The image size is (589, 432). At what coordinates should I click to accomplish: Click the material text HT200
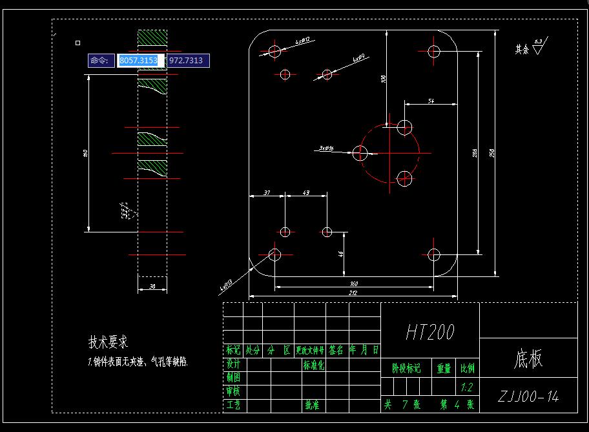pos(430,332)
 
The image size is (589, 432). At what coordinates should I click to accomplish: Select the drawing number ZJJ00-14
pos(529,396)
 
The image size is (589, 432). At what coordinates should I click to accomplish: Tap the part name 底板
pos(528,359)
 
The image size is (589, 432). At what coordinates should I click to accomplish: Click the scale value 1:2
pos(466,387)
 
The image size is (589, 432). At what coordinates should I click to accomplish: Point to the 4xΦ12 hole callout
pos(303,41)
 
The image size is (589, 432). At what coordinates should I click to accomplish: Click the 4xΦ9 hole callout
pos(359,58)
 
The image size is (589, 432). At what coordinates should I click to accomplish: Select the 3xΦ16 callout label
pos(325,149)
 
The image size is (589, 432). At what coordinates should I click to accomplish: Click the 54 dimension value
pos(431,101)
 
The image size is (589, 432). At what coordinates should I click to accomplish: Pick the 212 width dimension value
pos(353,293)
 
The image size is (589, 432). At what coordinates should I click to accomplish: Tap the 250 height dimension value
pos(492,153)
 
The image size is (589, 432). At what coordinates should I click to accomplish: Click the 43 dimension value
pos(305,193)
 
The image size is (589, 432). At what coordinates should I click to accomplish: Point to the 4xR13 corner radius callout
pos(226,283)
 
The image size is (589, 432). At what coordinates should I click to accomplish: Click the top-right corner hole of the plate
pos(434,51)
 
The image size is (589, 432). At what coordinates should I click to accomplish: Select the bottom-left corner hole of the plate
pos(274,254)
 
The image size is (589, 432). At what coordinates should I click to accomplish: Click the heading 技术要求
pos(108,342)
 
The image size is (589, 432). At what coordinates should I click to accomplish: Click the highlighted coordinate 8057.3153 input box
pos(138,61)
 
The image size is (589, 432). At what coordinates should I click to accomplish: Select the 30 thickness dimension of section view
pos(152,286)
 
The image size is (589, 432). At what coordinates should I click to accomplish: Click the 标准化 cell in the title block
pos(314,365)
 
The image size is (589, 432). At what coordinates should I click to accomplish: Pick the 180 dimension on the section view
pos(86,153)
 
